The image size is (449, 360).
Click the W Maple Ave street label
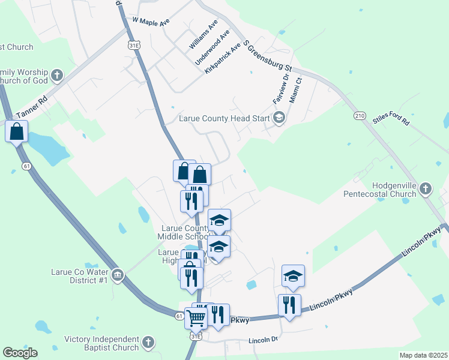tap(148, 20)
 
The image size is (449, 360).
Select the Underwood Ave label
tap(212, 47)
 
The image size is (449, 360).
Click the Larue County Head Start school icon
tap(279, 118)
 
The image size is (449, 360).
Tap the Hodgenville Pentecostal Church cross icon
tap(425, 189)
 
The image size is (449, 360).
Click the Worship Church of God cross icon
tap(57, 76)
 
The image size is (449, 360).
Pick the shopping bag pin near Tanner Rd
tap(17, 131)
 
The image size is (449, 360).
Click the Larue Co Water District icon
tap(117, 275)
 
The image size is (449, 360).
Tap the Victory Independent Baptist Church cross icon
tap(148, 343)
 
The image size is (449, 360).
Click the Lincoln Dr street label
tap(264, 340)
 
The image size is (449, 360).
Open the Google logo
tap(20, 353)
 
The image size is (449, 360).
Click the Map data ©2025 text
tap(423, 355)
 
